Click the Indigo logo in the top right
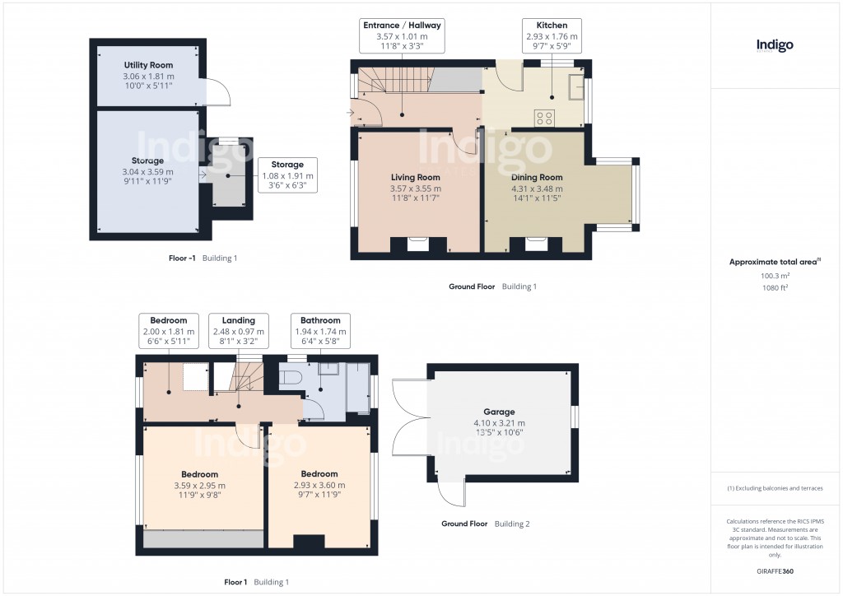pyautogui.click(x=775, y=46)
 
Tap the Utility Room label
pyautogui.click(x=148, y=64)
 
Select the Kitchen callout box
pyautogui.click(x=552, y=36)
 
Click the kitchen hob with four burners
pyautogui.click(x=545, y=117)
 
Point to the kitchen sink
pyautogui.click(x=575, y=85)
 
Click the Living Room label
pyautogui.click(x=415, y=177)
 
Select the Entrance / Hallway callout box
pyautogui.click(x=402, y=36)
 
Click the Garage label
pyautogui.click(x=499, y=412)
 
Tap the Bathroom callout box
pyautogui.click(x=320, y=331)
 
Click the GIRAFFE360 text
pyautogui.click(x=775, y=570)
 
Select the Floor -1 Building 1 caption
pyautogui.click(x=203, y=258)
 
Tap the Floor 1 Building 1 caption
pyautogui.click(x=256, y=582)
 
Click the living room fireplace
pyautogui.click(x=417, y=244)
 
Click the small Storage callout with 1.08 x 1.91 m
pyautogui.click(x=287, y=175)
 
